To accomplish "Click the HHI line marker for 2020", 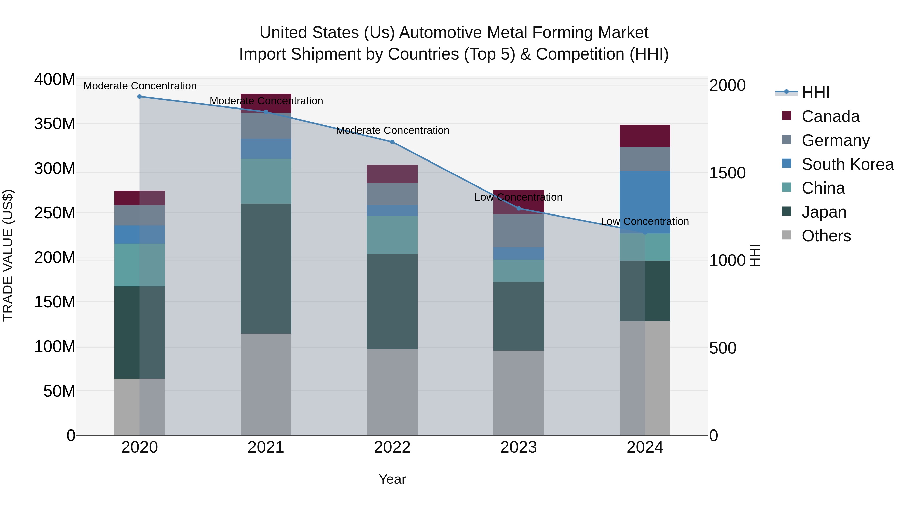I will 139,97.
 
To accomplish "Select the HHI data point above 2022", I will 392,142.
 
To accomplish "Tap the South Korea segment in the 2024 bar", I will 645,202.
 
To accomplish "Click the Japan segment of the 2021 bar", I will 266,268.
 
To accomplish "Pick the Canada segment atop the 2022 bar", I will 392,174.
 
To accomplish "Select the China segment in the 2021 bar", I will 266,181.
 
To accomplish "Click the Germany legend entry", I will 835,140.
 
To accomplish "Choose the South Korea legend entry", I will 847,164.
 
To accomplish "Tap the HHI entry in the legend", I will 815,92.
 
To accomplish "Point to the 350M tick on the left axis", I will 55,124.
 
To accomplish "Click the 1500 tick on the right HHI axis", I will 727,173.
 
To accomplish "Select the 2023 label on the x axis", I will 519,447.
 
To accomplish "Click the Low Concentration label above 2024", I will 645,222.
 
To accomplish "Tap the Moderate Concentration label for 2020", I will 140,86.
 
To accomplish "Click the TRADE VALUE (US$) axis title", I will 8,255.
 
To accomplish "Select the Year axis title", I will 392,479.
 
